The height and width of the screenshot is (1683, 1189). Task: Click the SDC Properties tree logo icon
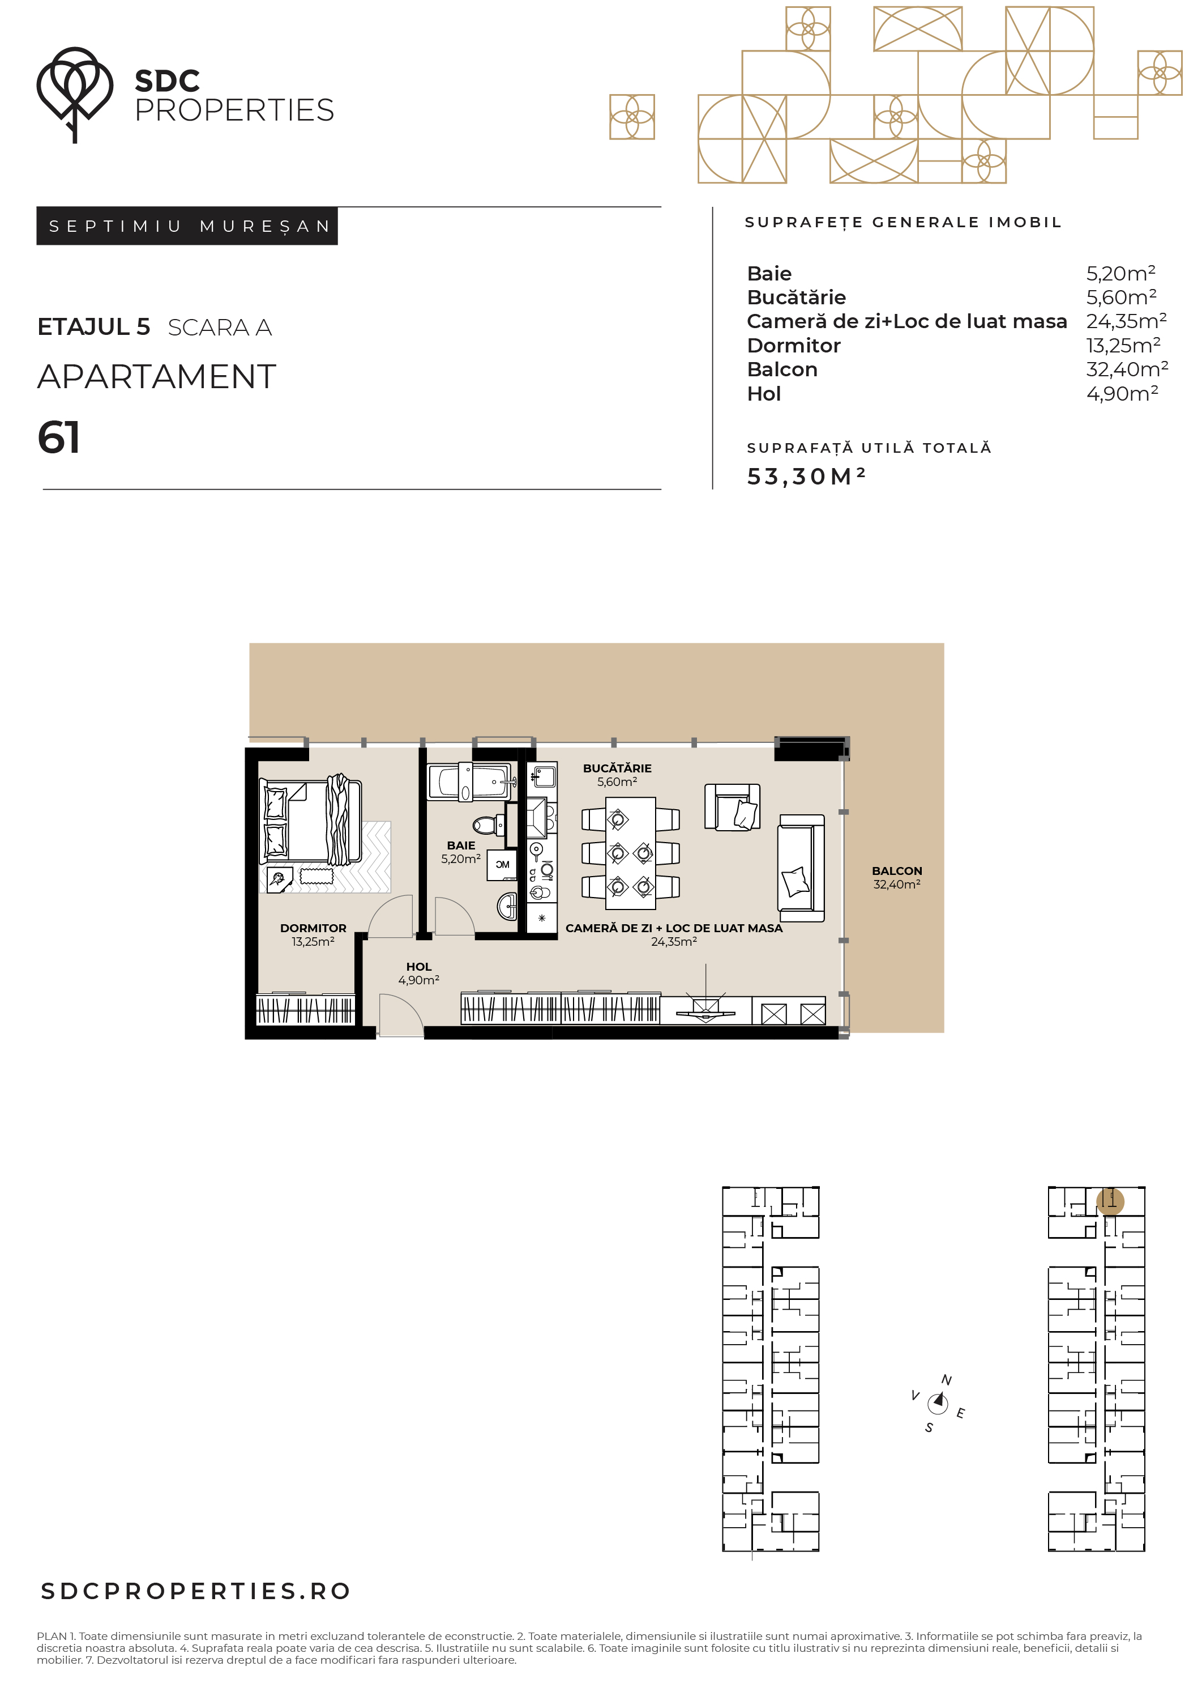75,94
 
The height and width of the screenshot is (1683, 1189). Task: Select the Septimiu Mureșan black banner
187,226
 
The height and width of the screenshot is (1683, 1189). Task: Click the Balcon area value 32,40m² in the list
1127,369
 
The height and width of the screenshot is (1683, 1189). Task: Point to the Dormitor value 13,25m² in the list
1123,345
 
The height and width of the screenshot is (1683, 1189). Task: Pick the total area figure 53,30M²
806,477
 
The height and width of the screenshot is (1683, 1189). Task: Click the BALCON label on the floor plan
897,871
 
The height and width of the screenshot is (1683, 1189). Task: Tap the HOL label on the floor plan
419,967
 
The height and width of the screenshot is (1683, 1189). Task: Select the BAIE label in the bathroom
461,845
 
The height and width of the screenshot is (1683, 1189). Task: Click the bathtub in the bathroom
469,781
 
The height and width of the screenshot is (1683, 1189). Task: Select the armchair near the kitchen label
732,807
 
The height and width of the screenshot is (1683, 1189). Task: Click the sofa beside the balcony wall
801,868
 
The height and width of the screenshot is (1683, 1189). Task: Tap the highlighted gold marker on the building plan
1110,1201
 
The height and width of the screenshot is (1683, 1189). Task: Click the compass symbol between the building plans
938,1403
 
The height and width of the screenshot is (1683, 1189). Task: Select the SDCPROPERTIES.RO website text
195,1591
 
